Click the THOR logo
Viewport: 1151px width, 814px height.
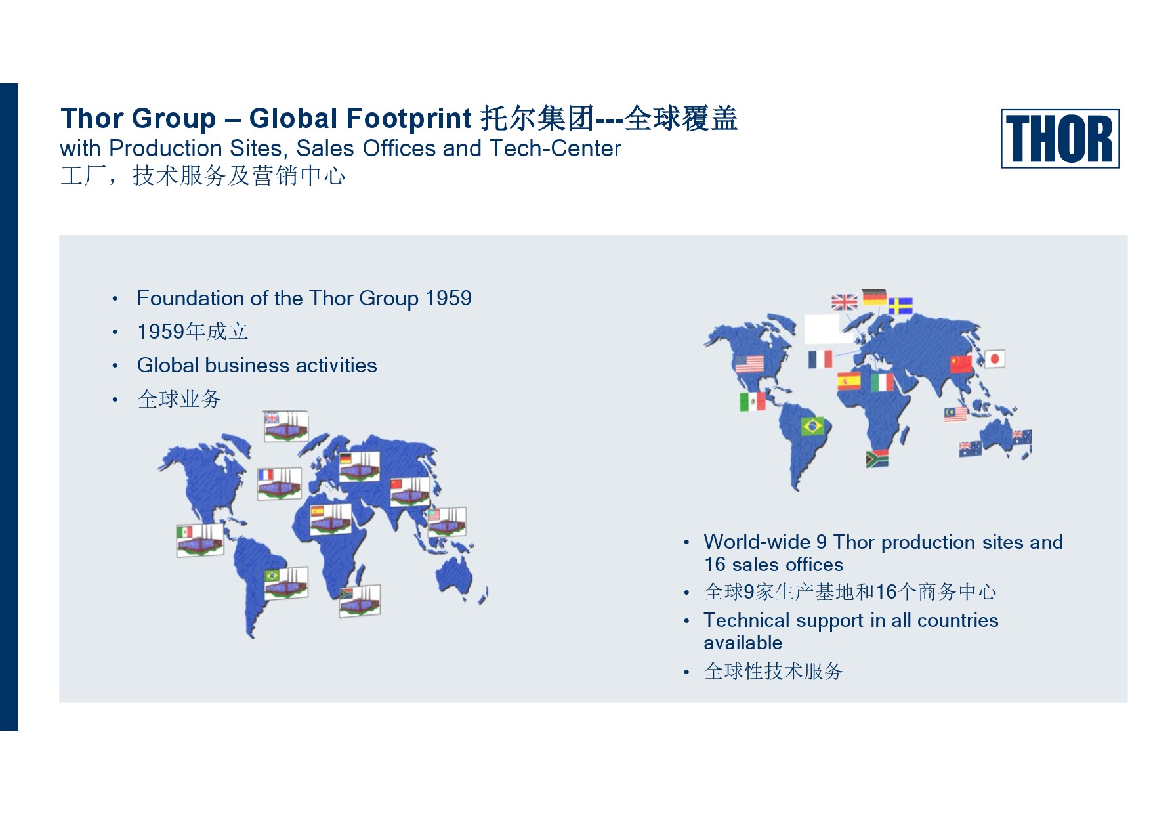(x=1060, y=139)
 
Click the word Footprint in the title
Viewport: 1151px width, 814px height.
(x=408, y=119)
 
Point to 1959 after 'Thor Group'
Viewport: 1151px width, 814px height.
(x=448, y=298)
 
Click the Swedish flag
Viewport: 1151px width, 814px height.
(x=900, y=306)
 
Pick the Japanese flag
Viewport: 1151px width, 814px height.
(x=994, y=358)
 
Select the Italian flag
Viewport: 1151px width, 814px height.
(x=882, y=382)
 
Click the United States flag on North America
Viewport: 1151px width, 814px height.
(x=749, y=364)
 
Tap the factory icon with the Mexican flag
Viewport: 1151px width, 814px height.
(x=199, y=540)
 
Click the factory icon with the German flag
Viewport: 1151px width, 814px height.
(x=359, y=467)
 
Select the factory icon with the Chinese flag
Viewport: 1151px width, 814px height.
(x=410, y=492)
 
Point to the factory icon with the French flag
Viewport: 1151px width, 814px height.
(x=280, y=484)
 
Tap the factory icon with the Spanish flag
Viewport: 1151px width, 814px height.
(x=331, y=519)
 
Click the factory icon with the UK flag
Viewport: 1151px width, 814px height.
(x=286, y=427)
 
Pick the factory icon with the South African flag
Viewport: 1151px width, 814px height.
(x=360, y=601)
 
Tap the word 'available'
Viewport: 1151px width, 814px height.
(x=743, y=643)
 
